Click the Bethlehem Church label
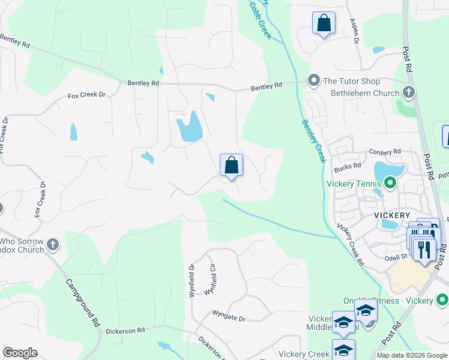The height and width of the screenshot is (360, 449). point(365,93)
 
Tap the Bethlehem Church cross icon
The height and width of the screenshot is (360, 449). point(409,92)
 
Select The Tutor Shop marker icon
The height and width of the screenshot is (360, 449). point(313,80)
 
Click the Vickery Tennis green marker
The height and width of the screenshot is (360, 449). point(390,182)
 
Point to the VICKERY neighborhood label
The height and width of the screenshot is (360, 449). point(392,215)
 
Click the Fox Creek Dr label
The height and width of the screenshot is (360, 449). point(86,95)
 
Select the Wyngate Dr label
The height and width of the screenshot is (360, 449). point(229,313)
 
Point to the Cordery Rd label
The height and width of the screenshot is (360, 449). point(384,152)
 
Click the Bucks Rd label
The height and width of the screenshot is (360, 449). point(348,166)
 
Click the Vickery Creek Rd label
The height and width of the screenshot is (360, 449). point(350,245)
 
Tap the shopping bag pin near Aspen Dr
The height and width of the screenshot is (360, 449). point(324,23)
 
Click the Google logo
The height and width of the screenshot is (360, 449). point(20,353)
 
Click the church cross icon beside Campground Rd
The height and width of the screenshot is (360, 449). point(53,244)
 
